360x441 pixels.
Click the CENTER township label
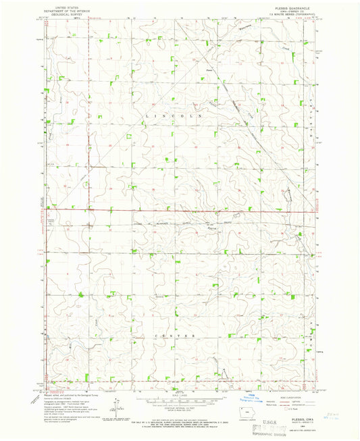[x=177, y=336]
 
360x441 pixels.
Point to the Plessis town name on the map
[x=209, y=68]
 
